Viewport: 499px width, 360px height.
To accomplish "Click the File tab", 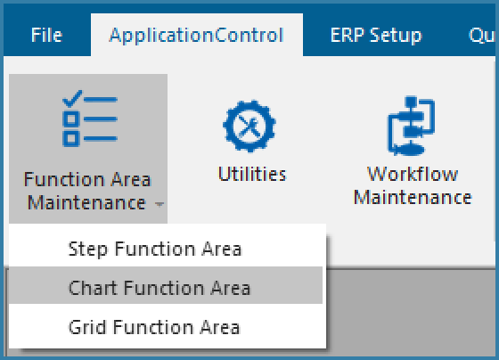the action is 46,35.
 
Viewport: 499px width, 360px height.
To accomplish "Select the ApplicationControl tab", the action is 196,35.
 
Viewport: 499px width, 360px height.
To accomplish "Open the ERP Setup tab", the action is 376,35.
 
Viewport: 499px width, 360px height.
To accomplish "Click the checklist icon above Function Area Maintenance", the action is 90,119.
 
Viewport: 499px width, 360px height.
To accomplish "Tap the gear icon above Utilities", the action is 250,126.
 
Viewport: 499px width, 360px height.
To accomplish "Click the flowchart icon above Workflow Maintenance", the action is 411,126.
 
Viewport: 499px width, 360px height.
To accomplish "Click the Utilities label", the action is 252,174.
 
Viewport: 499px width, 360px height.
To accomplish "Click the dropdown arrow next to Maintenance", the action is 160,204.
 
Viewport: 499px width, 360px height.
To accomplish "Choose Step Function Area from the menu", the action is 155,249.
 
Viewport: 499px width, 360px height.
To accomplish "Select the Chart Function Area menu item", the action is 160,288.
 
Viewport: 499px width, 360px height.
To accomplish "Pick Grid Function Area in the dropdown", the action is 154,327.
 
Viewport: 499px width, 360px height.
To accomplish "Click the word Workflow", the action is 413,174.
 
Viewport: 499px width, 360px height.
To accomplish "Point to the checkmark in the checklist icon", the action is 72,98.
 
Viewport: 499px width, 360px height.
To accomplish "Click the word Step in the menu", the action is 88,249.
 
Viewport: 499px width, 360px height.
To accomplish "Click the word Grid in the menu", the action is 87,327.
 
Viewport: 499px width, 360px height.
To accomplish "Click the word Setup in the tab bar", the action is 396,36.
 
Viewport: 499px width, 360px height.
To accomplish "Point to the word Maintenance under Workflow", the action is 413,197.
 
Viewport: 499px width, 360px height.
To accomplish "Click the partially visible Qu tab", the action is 482,35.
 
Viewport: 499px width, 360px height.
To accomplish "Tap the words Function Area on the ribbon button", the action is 87,179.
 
